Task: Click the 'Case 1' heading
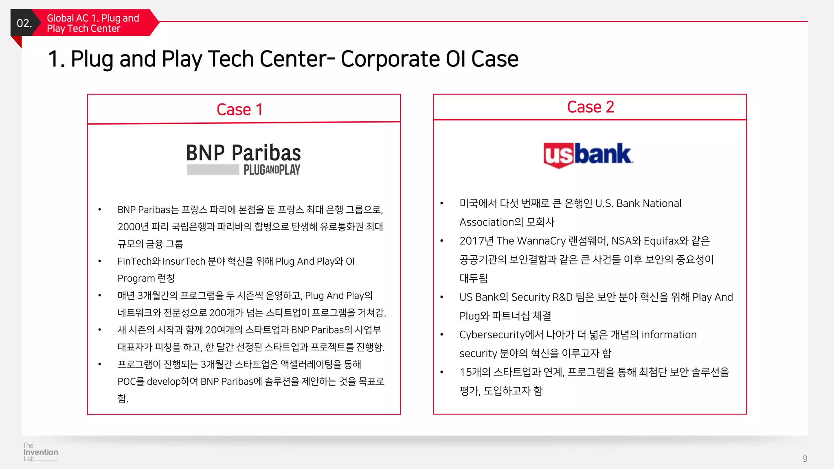pyautogui.click(x=239, y=110)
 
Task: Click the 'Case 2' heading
pyautogui.click(x=590, y=107)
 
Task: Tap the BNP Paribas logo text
pyautogui.click(x=244, y=153)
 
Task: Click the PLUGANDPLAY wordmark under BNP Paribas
pyautogui.click(x=272, y=170)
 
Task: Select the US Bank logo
pyautogui.click(x=588, y=155)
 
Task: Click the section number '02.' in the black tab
pyautogui.click(x=24, y=23)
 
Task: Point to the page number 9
pyautogui.click(x=805, y=458)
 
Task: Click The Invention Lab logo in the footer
pyautogui.click(x=40, y=452)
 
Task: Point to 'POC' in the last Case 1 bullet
pyautogui.click(x=127, y=381)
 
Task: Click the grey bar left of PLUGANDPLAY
pyautogui.click(x=213, y=170)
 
